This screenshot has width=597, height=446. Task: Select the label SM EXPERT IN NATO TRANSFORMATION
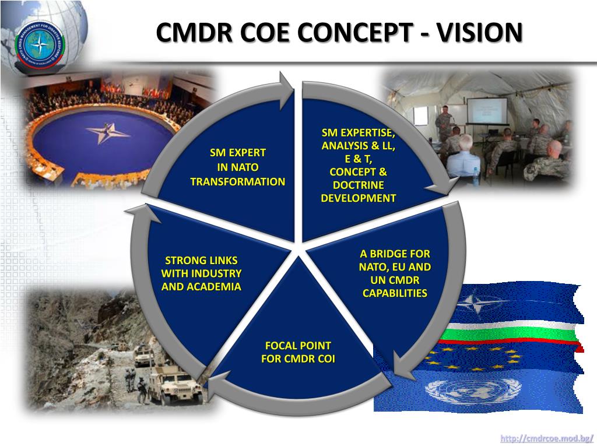point(238,167)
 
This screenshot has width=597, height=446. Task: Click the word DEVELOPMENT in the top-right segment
point(358,198)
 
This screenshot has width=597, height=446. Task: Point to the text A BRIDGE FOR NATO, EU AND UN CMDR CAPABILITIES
point(395,273)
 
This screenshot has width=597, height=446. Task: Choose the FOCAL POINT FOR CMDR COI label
point(298,352)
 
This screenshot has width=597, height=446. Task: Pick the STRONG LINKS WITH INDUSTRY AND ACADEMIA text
point(201,273)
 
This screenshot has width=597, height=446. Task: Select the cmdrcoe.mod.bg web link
point(547,438)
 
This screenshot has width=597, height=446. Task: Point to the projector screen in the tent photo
point(486,110)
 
